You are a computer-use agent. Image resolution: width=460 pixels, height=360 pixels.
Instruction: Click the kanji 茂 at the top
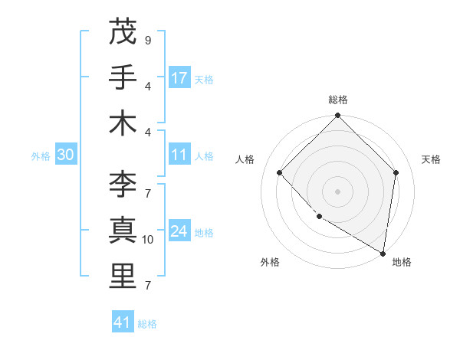(x=123, y=31)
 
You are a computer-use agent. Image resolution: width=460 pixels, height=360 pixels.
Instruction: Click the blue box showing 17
(x=179, y=78)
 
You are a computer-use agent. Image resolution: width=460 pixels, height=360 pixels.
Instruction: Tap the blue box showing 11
(x=179, y=155)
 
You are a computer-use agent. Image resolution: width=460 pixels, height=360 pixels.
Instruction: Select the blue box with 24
(x=179, y=232)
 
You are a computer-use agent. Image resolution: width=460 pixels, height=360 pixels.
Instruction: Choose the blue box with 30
(x=66, y=155)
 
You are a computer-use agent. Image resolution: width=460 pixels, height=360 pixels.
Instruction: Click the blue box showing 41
(x=123, y=322)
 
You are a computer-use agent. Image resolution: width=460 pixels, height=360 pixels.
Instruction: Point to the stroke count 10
(x=148, y=240)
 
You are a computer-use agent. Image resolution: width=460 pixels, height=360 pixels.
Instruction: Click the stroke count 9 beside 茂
(x=147, y=41)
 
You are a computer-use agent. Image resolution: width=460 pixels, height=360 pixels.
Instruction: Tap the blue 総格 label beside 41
(x=147, y=324)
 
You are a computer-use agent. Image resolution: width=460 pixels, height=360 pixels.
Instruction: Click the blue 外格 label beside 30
(x=41, y=156)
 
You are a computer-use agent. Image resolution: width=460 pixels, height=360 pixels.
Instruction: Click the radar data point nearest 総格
(x=337, y=116)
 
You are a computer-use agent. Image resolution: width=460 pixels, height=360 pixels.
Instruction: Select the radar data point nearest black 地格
(x=383, y=253)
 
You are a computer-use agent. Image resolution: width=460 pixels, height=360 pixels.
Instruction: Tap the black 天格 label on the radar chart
(x=431, y=159)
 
